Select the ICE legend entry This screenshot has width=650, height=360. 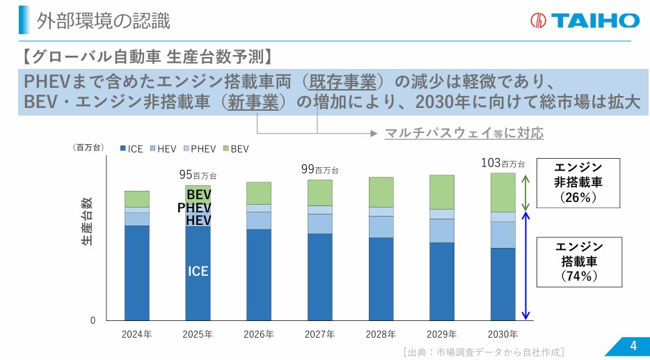[132, 149]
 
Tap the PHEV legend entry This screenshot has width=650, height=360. [199, 149]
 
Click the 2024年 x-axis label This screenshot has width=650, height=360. [136, 334]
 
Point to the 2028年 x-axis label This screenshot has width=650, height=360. [381, 334]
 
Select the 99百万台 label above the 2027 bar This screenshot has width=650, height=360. [319, 169]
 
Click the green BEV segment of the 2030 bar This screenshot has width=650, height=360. [503, 192]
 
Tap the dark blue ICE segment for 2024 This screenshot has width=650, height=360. [136, 272]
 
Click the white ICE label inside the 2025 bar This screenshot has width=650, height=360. [198, 272]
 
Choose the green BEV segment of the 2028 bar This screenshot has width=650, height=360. [381, 191]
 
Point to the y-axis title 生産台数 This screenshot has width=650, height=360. [86, 221]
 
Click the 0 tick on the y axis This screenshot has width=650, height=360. [93, 320]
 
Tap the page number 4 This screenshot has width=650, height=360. [633, 346]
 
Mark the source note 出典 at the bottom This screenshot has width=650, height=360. [483, 352]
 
